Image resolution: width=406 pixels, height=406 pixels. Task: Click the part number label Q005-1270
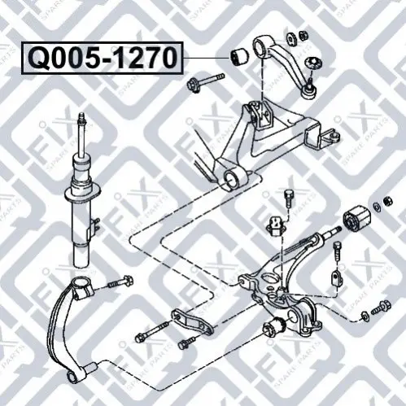(103, 58)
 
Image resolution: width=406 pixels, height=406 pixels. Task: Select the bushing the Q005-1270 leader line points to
(238, 57)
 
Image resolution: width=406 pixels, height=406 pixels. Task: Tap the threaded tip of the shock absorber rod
(82, 119)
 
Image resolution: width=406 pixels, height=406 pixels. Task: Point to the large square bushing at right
(356, 219)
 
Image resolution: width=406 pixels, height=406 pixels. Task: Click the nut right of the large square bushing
(388, 201)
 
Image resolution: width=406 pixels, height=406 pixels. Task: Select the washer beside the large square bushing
(378, 207)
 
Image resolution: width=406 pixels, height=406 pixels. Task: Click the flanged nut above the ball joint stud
(312, 63)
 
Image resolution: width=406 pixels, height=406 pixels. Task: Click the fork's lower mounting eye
(72, 376)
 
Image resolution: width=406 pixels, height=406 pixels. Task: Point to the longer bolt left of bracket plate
(153, 330)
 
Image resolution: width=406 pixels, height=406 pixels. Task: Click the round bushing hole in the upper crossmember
(231, 178)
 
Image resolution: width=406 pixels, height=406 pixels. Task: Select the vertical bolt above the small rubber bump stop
(288, 199)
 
